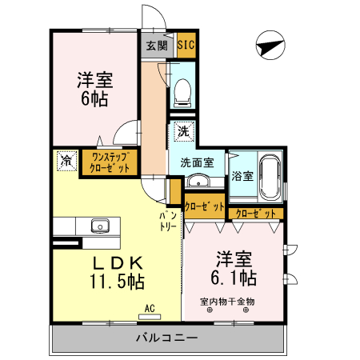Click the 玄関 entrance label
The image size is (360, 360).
(155, 46)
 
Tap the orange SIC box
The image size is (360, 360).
(184, 45)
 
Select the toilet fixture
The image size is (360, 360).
(182, 92)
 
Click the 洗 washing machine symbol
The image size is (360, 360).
(183, 130)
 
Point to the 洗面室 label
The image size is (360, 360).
(197, 162)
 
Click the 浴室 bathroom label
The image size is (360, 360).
(242, 175)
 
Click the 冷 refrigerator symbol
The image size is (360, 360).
(66, 160)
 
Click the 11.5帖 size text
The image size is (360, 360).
(116, 282)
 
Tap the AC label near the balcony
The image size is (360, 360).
(149, 307)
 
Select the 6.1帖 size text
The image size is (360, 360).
(234, 278)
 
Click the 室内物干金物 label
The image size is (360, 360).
(227, 302)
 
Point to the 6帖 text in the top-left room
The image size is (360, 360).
(94, 99)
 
